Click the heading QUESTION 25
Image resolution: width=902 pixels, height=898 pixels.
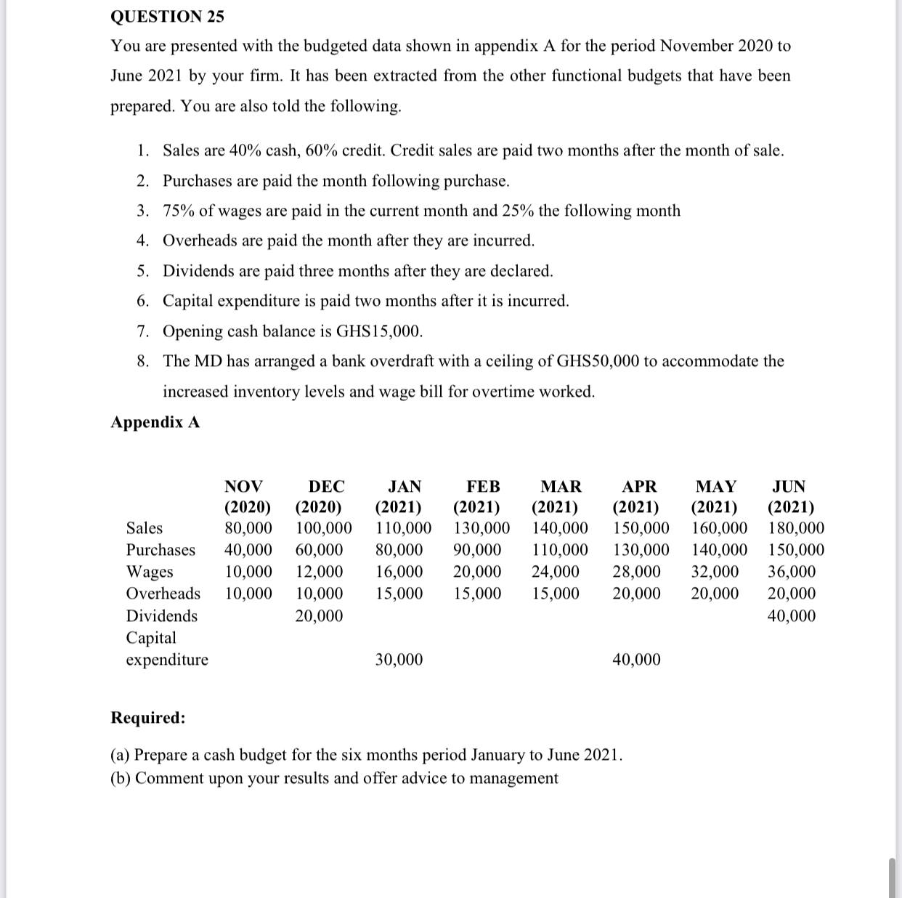pos(167,16)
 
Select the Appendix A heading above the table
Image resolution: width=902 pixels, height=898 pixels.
pos(155,422)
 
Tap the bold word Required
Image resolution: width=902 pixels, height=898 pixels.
pos(147,718)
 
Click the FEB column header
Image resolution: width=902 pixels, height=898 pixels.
pos(483,486)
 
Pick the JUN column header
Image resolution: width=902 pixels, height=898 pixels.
pos(789,486)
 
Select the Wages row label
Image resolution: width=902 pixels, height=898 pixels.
pos(150,572)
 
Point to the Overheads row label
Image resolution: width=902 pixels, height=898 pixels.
pos(163,594)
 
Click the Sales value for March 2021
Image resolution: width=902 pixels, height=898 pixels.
pos(560,528)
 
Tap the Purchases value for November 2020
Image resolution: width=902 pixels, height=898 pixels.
pos(248,550)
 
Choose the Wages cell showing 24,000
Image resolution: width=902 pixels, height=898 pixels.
pos(556,572)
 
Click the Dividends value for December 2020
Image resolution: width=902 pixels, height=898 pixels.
pos(319,616)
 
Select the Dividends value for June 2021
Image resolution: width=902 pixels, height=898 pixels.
pos(791,616)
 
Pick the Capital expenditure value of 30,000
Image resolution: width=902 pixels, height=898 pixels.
pos(399,660)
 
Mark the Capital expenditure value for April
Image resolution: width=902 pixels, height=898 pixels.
pos(636,660)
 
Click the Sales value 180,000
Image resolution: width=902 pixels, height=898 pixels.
pos(795,528)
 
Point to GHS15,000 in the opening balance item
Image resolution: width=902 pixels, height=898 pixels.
pos(378,331)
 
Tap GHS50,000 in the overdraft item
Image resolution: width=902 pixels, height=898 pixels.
pos(597,361)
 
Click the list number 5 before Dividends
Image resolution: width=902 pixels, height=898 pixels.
pos(143,271)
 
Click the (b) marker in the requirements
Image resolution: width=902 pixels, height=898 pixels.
pos(121,778)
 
